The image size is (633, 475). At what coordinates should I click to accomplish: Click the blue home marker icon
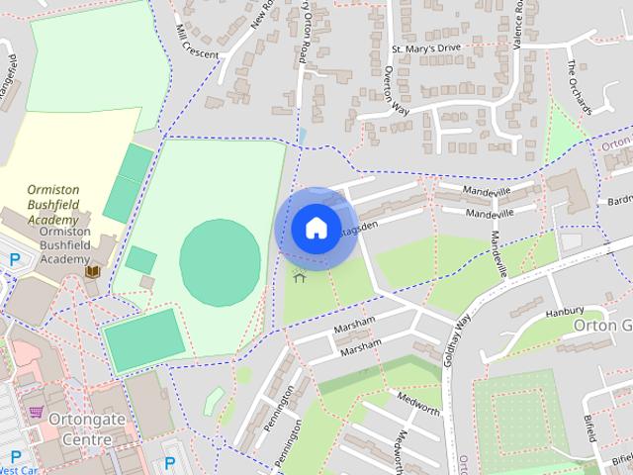pyautogui.click(x=316, y=228)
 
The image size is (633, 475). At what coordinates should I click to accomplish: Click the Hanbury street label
pyautogui.click(x=565, y=311)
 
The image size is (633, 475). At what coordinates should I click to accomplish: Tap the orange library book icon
pyautogui.click(x=93, y=270)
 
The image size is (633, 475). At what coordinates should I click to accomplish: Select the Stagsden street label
pyautogui.click(x=358, y=227)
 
